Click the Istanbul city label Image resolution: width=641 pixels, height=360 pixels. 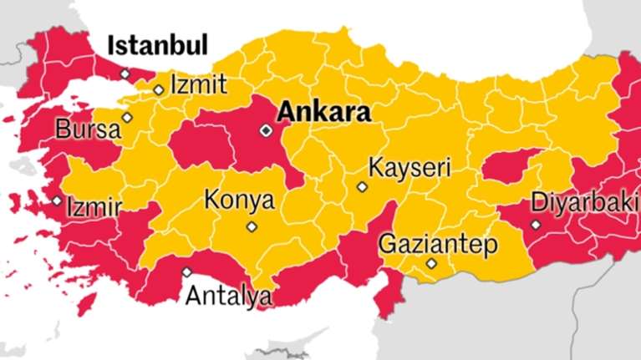(159, 45)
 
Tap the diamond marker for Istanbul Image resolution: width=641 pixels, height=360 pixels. (125, 74)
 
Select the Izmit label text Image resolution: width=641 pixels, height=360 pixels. (197, 84)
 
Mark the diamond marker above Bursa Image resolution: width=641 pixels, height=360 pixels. (127, 117)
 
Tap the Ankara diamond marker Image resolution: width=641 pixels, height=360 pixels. (266, 130)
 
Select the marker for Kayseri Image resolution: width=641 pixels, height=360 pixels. (362, 187)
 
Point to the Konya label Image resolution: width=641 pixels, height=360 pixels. (239, 201)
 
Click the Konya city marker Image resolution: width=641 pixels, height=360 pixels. (252, 226)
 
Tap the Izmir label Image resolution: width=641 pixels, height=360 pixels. (94, 206)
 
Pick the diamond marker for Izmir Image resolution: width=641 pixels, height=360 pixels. (57, 200)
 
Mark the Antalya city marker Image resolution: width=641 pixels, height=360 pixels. (186, 271)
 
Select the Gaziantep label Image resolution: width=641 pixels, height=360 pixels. (438, 245)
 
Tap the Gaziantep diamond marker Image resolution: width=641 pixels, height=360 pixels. (431, 263)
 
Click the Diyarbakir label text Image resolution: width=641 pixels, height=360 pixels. (585, 204)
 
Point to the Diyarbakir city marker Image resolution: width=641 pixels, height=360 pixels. (536, 225)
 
